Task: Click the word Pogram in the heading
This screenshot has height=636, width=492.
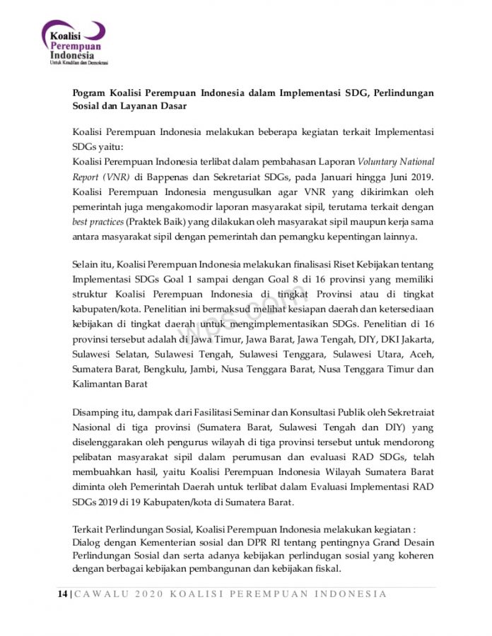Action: [90, 93]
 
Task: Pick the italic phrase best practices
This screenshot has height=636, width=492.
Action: [96, 221]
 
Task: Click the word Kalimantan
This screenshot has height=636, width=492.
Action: [99, 384]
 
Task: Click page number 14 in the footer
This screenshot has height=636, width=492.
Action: [62, 594]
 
